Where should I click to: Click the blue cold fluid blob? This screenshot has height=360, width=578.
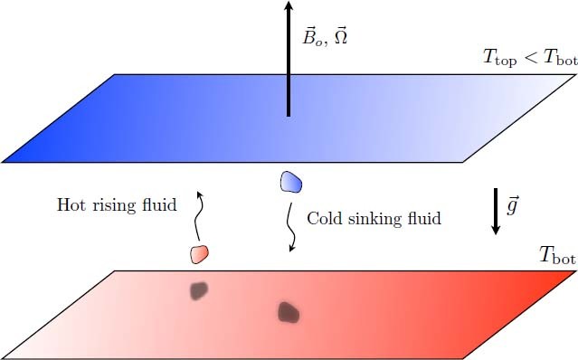pos(290,182)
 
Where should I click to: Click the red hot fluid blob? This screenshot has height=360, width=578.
pos(199,254)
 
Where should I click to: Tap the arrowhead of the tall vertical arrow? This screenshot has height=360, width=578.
pos(289,7)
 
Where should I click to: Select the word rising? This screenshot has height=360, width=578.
pos(110,205)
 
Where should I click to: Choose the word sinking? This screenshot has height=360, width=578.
pos(374,218)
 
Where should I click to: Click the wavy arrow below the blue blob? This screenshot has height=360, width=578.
pos(291,226)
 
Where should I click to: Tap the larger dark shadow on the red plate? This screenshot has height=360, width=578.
pos(289,313)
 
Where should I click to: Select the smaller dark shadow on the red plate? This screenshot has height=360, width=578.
pos(198,291)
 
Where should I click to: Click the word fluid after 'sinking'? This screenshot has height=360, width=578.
pos(422,218)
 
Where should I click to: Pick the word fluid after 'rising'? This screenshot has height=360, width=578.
pos(156,204)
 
